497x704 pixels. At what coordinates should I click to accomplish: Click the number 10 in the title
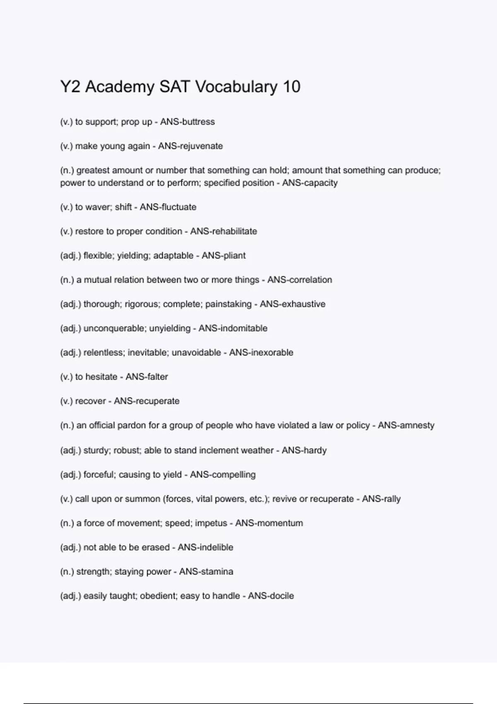coord(292,87)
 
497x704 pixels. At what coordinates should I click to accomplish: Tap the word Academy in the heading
coord(120,87)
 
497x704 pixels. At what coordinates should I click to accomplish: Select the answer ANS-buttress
coord(187,122)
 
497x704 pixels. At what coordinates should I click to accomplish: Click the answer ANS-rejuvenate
coord(191,146)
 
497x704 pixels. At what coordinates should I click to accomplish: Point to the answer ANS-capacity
coord(310,183)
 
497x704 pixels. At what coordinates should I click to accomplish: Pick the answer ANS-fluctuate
coord(168,207)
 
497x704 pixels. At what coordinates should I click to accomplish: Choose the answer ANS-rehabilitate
coord(224,231)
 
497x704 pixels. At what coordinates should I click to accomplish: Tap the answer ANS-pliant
coord(224,256)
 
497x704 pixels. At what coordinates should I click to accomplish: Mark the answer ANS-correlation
coord(299,280)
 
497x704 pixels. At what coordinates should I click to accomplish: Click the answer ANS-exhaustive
coord(292,304)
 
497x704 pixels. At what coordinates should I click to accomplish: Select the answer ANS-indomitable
coord(233,328)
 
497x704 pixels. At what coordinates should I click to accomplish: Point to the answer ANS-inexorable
coord(261,353)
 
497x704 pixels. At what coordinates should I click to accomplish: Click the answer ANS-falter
coord(147,377)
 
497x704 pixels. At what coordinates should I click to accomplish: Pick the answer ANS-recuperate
coord(147,401)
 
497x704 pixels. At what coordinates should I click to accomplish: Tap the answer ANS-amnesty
coord(406,425)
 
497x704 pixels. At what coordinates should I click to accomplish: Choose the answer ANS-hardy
coord(304,450)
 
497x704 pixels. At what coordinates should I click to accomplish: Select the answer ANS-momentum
coord(269,523)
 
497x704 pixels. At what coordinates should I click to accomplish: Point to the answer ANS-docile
coord(271,596)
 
